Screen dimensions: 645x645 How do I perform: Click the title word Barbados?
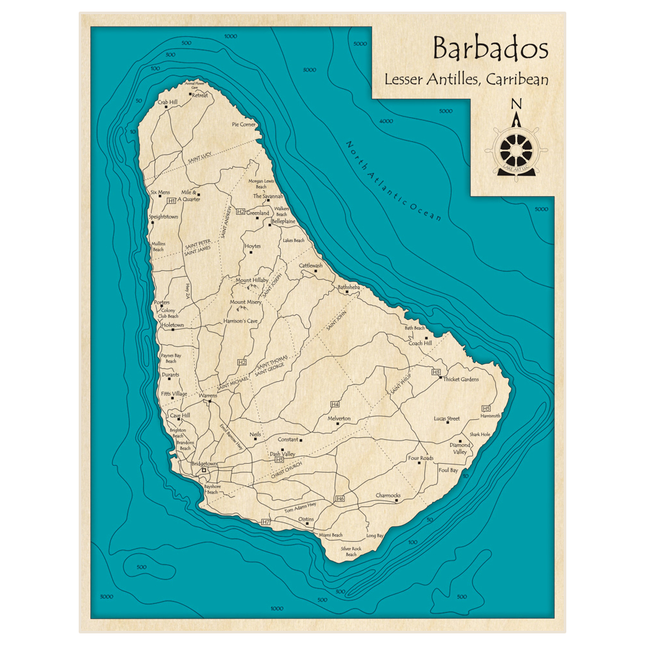[490, 49]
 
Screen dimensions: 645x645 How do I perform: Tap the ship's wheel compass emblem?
[516, 150]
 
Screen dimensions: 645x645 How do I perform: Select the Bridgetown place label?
[204, 464]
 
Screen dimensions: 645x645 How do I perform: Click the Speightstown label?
[163, 217]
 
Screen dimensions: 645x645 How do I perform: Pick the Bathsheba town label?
[348, 286]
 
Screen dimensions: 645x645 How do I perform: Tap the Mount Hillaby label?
[252, 281]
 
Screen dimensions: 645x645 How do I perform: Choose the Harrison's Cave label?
[240, 321]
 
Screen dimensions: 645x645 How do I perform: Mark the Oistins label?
[306, 519]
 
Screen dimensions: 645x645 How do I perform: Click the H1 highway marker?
[171, 201]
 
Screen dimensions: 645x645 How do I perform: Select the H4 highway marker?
[335, 404]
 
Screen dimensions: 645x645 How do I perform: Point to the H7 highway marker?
[266, 521]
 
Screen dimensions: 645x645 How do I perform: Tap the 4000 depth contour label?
[386, 121]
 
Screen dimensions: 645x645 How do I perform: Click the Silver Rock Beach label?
[351, 551]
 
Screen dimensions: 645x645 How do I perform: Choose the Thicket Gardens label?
[461, 379]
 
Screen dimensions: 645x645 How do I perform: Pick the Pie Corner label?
[244, 124]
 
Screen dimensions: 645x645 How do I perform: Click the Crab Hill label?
[167, 102]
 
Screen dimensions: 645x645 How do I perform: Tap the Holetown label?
[172, 325]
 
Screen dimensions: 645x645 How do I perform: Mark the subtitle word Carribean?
[518, 80]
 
